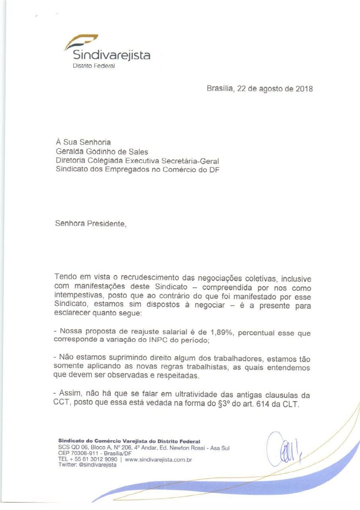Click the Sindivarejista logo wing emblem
[81, 41]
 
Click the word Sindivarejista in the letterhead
[108, 55]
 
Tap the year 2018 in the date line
[304, 89]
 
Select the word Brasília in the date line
[220, 89]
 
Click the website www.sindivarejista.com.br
[158, 459]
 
